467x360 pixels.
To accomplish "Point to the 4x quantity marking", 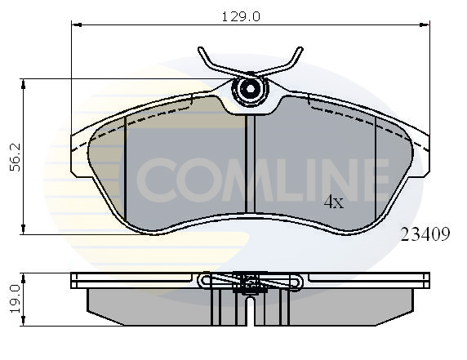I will (334, 202).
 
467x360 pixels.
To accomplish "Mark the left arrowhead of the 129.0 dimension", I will (76, 25).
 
